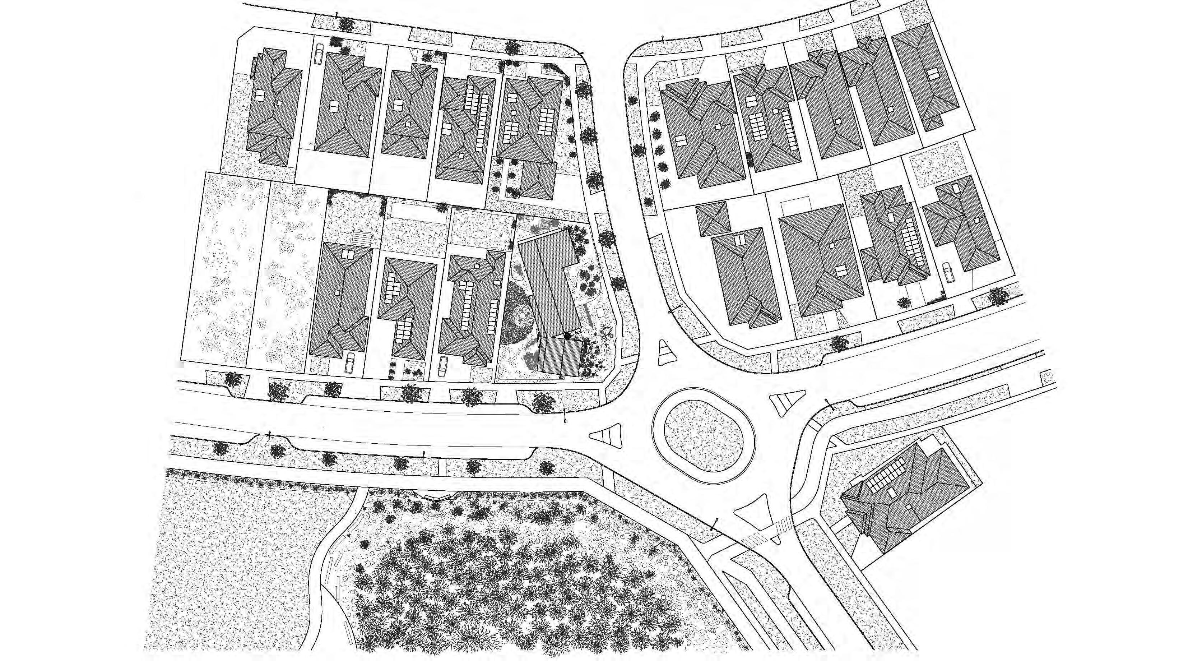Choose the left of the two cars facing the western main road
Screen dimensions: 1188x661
coord(349,362)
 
